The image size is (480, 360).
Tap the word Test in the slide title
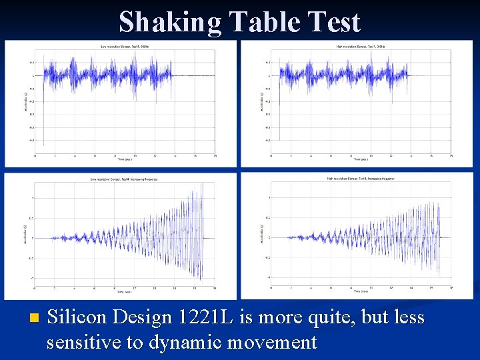(x=335, y=22)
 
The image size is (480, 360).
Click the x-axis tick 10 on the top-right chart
(x=371, y=155)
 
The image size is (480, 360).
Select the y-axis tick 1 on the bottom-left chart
(x=33, y=198)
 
